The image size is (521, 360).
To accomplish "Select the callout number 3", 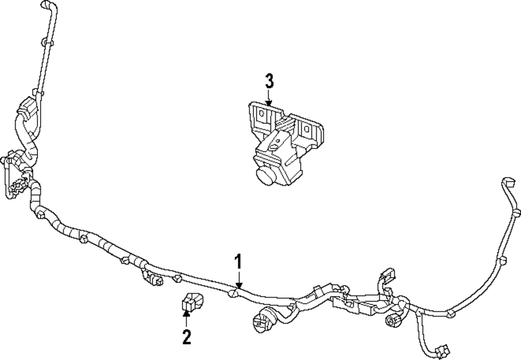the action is (x=269, y=82).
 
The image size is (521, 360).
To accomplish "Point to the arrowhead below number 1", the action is (x=239, y=285).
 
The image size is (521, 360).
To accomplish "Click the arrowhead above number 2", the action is (x=187, y=312).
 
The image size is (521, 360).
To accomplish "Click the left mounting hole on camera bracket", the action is (x=262, y=114).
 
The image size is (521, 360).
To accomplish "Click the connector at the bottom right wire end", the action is (x=442, y=351).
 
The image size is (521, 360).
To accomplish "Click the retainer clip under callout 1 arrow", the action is (x=232, y=293).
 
